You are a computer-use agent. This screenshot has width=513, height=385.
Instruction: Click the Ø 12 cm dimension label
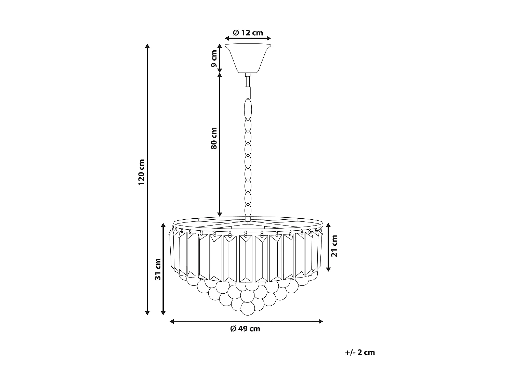(248, 33)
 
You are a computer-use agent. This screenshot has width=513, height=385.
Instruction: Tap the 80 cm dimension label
(214, 138)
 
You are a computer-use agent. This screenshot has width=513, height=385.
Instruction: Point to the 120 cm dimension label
(142, 172)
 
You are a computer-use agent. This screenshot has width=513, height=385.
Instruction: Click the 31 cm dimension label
(158, 269)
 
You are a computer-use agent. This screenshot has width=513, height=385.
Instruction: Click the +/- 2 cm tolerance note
(360, 352)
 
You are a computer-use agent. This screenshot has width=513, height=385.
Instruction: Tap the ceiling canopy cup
(248, 57)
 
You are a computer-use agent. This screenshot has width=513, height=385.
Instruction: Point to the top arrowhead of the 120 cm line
(147, 47)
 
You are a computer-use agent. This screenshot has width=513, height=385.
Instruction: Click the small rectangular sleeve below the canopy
(248, 92)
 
